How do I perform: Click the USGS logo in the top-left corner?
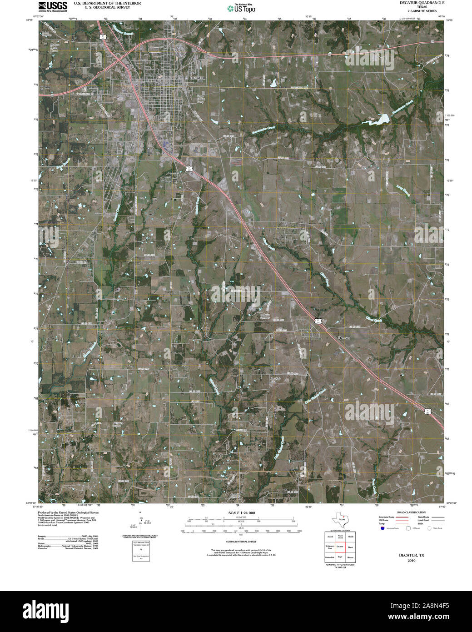(x=53, y=6)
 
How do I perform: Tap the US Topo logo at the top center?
(x=241, y=8)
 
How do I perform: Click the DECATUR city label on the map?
(x=198, y=78)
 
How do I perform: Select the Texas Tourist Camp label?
(x=200, y=99)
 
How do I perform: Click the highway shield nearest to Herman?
(x=319, y=321)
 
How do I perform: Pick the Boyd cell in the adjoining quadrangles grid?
(x=340, y=557)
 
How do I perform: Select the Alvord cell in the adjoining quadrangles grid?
(x=330, y=537)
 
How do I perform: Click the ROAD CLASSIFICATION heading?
(x=411, y=512)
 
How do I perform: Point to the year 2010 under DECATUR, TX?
(x=412, y=561)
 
